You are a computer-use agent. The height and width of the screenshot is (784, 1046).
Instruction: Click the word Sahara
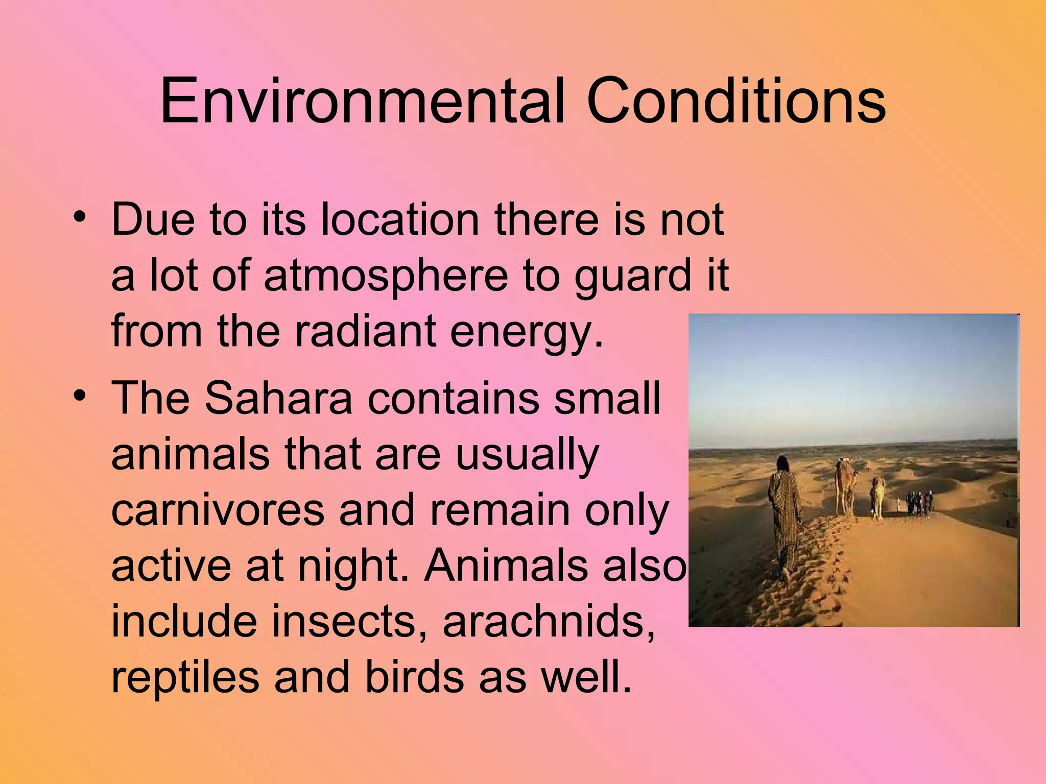click(278, 398)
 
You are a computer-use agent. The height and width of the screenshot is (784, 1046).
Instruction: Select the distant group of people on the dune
click(919, 502)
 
